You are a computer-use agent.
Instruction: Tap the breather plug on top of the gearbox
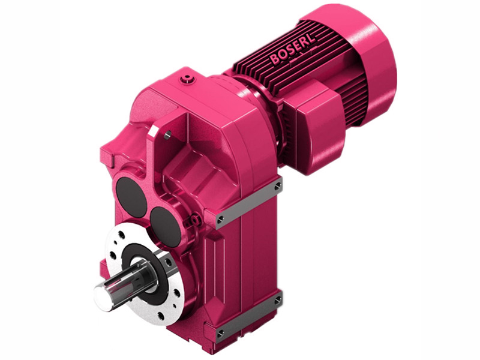(190, 79)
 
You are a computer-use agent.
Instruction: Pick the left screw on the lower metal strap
(220, 331)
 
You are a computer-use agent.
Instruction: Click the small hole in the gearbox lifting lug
(168, 134)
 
